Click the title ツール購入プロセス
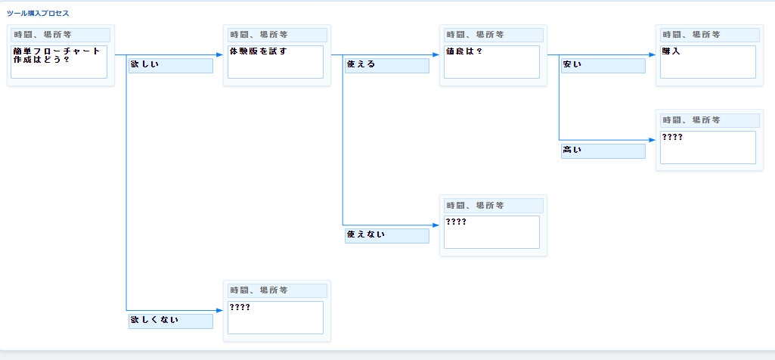38,14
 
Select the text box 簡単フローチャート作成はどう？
59,61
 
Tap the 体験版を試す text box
275,61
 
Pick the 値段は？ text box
491,61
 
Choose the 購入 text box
708,61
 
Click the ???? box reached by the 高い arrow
708,147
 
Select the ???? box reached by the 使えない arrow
491,231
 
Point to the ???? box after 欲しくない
275,317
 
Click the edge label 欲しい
171,65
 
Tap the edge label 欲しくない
171,321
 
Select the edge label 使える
387,65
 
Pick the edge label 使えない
387,235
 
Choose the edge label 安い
603,65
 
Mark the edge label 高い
603,151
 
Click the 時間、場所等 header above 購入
708,35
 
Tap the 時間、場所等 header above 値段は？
491,35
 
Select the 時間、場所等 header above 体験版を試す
275,35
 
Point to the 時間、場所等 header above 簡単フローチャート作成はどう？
59,35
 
